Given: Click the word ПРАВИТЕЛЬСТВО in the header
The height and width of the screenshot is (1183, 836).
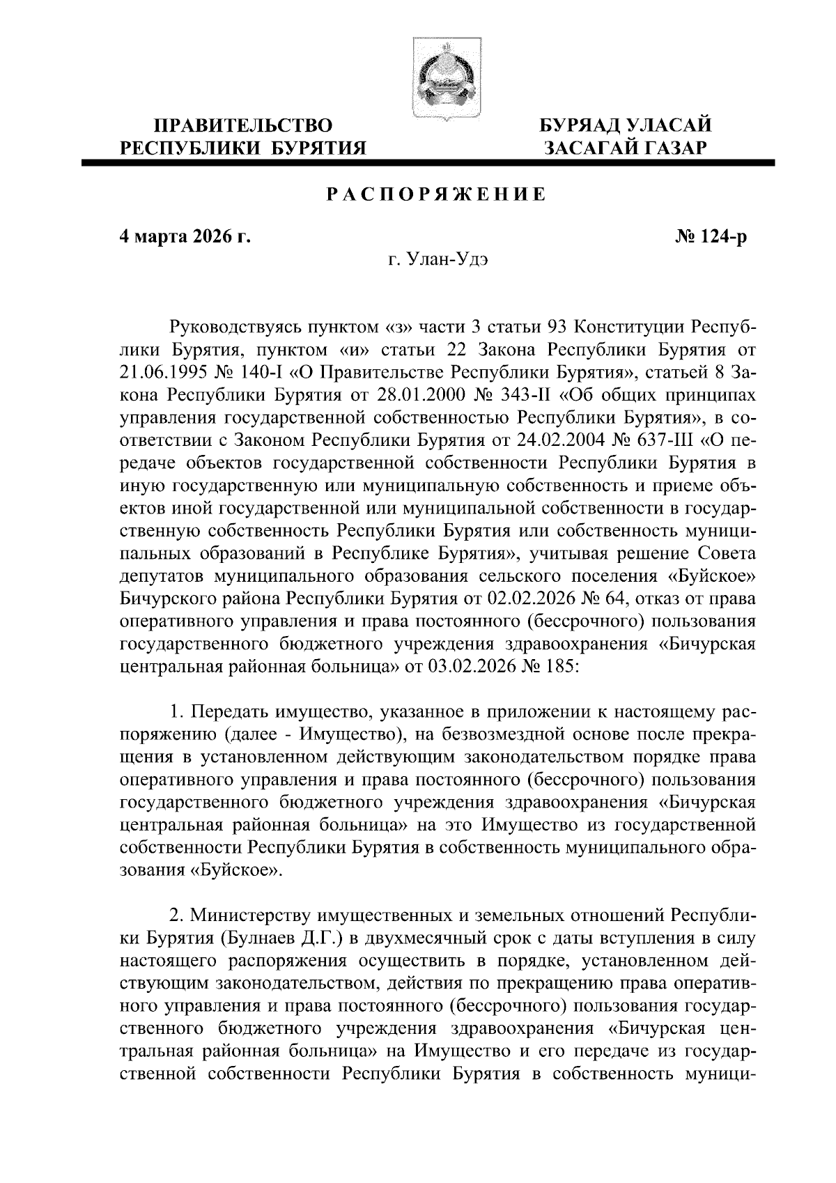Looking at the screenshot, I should click(243, 126).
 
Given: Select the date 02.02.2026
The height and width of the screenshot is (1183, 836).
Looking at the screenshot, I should click(552, 598).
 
